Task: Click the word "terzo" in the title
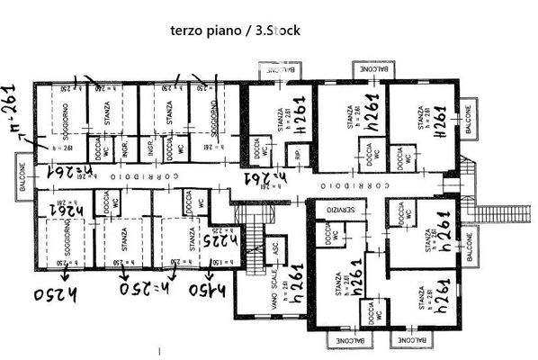[186, 29]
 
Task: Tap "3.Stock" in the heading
[278, 29]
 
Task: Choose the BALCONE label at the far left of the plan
[19, 174]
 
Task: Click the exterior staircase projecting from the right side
[490, 214]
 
